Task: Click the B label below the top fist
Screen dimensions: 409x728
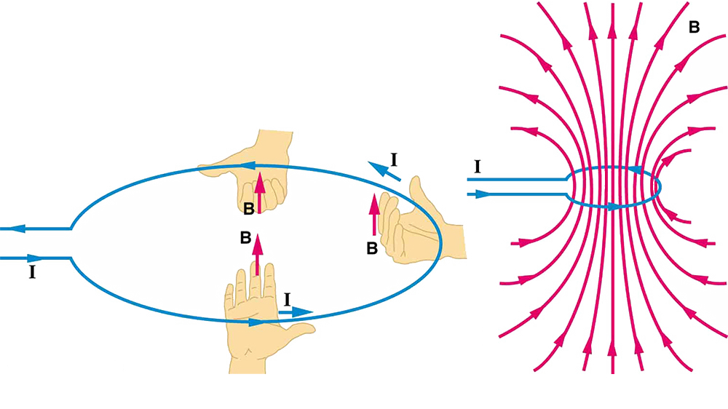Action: (249, 210)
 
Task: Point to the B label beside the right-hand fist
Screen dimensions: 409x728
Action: (371, 248)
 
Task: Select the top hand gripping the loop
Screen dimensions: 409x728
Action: (262, 164)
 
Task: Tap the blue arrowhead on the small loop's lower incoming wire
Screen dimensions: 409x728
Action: (481, 195)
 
